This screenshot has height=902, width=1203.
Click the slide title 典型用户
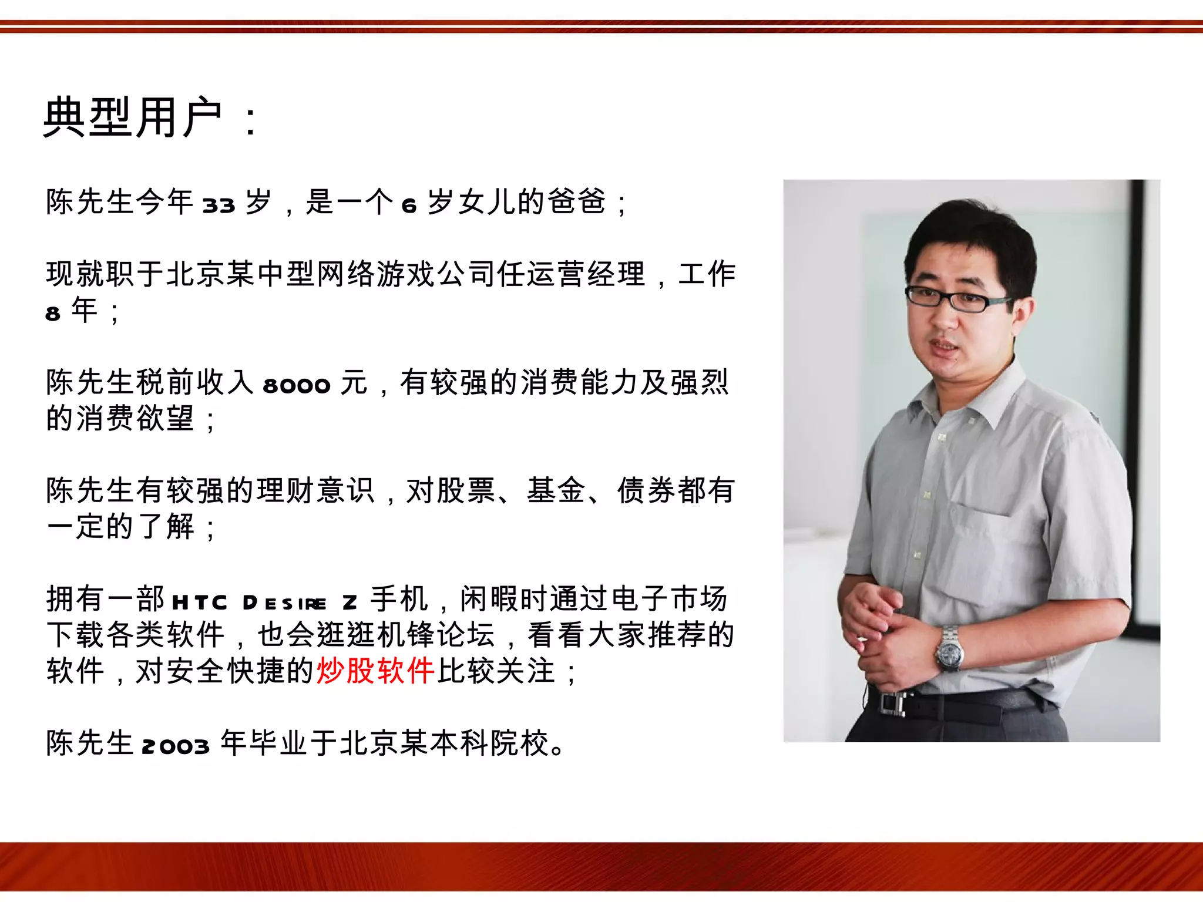pos(133,117)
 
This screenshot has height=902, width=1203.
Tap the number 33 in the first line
pos(219,205)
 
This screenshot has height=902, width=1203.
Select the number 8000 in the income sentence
pos(297,385)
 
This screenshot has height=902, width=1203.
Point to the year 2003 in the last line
pos(176,746)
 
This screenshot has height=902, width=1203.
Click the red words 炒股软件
pos(375,671)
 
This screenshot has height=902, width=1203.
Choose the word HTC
pos(199,603)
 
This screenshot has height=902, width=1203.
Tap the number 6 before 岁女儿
pos(409,205)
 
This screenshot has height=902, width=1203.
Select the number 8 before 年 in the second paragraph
pos(53,314)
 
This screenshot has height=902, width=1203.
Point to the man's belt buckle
pos(893,702)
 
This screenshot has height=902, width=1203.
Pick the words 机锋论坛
pos(436,635)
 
